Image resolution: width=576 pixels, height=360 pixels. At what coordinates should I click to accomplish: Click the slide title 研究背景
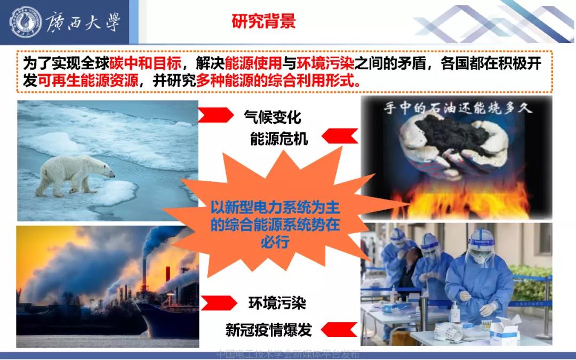click(x=263, y=21)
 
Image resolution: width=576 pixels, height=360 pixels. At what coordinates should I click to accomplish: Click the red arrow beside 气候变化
click(x=217, y=114)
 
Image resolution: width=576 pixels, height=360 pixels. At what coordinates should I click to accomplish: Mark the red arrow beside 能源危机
click(x=339, y=137)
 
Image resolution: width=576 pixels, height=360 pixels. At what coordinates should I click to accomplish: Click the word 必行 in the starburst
click(x=275, y=242)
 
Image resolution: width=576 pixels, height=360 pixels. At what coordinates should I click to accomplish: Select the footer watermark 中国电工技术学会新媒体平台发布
click(x=288, y=354)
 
